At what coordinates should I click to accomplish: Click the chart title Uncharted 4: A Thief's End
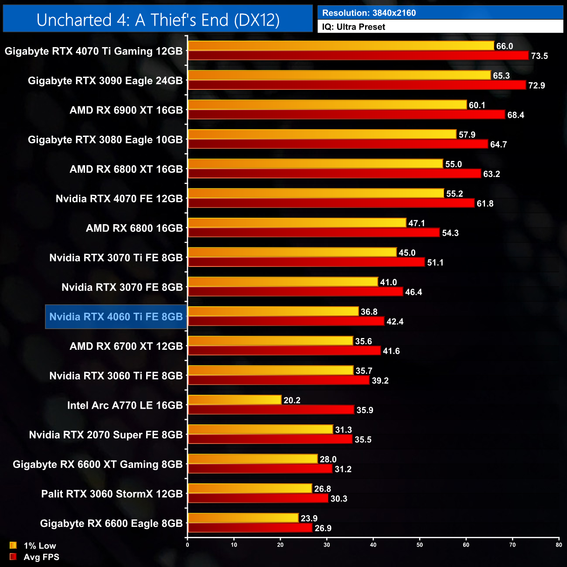(x=158, y=20)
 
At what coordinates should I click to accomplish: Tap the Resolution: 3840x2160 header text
(x=369, y=13)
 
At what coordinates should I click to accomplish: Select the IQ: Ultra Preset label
(x=354, y=27)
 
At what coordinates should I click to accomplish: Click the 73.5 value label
(x=539, y=56)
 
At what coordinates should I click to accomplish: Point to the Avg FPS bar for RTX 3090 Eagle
(x=357, y=85)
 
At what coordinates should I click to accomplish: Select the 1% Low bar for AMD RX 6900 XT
(x=327, y=105)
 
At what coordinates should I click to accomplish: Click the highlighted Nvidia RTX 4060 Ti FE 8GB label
(x=116, y=317)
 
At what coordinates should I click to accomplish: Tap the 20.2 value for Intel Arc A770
(x=292, y=400)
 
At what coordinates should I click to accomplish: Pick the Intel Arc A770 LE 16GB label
(x=125, y=405)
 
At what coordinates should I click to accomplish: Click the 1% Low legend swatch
(x=13, y=545)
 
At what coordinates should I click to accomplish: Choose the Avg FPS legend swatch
(x=13, y=557)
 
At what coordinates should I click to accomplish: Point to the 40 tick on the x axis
(x=373, y=545)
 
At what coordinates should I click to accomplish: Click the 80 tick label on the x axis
(x=559, y=545)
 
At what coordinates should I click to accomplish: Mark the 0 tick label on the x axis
(x=188, y=545)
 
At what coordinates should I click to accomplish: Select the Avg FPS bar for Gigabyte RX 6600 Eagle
(x=250, y=528)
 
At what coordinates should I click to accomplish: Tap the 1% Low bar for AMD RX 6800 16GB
(x=297, y=223)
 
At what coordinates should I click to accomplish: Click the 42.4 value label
(x=395, y=322)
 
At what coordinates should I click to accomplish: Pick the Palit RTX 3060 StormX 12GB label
(x=112, y=494)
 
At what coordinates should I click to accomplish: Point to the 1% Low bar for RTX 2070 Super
(x=260, y=430)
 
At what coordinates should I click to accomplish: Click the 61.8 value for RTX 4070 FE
(x=485, y=204)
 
